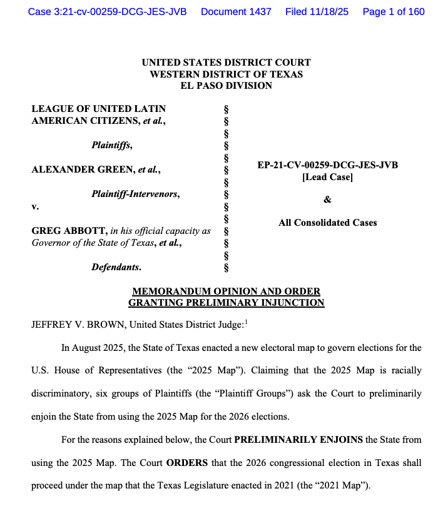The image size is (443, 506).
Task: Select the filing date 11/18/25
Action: (325, 12)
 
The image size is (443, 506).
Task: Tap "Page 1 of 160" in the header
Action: (394, 12)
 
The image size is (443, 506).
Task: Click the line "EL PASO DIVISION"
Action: (226, 85)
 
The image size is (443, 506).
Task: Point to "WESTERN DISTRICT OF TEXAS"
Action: (226, 74)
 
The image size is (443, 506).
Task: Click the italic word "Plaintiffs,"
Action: (112, 145)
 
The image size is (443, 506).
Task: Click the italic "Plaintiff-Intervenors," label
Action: (136, 194)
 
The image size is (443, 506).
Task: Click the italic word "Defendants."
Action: (116, 267)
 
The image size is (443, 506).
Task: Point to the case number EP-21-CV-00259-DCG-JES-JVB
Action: (327, 165)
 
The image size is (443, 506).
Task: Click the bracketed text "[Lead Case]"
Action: (327, 177)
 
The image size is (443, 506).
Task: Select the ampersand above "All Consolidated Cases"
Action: (327, 200)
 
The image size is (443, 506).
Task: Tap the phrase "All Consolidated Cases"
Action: (327, 222)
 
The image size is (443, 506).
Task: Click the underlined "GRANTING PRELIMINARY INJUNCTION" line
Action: (226, 303)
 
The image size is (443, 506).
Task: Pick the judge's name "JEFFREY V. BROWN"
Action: (72, 325)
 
